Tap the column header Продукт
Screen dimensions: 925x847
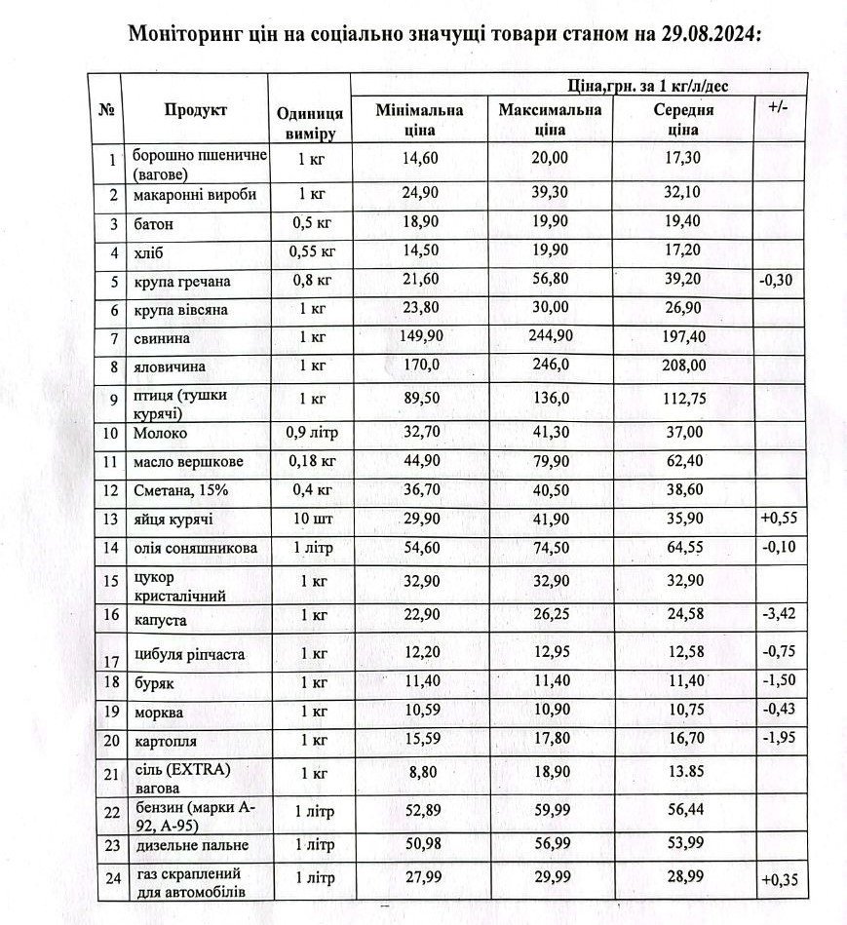click(195, 110)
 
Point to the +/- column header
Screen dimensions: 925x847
click(777, 105)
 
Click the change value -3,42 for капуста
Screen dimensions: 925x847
click(777, 615)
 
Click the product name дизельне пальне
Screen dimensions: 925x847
click(192, 845)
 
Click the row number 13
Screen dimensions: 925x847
click(112, 519)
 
